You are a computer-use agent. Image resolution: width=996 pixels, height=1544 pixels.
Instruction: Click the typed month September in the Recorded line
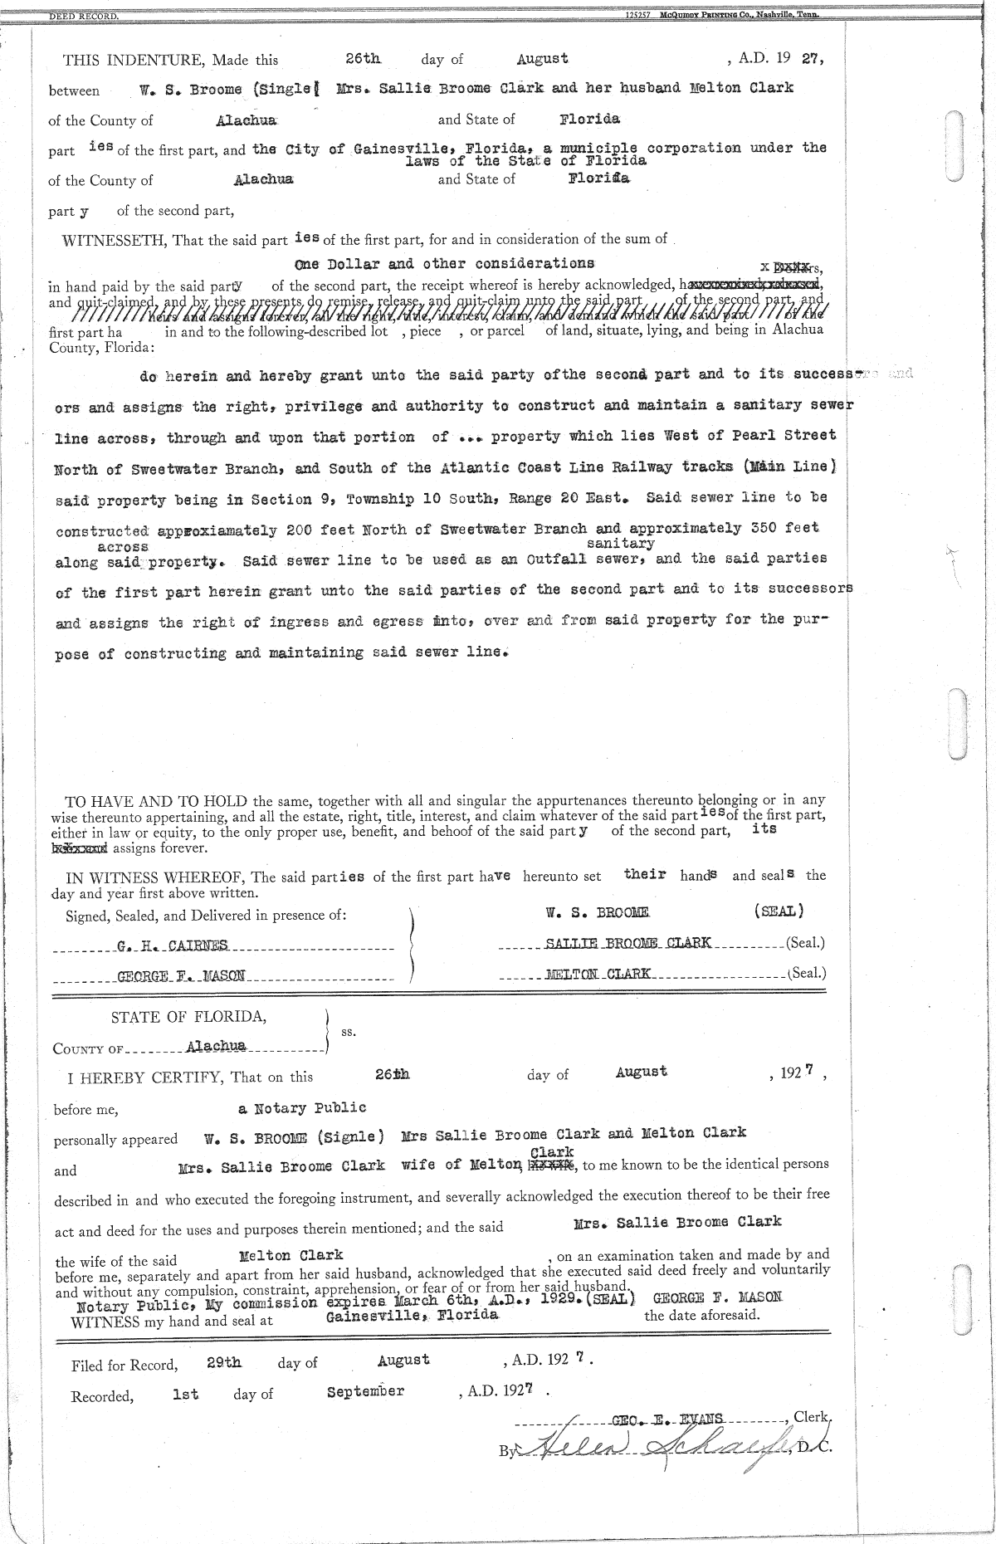click(365, 1391)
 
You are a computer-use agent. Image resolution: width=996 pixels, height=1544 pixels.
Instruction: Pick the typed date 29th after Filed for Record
click(223, 1362)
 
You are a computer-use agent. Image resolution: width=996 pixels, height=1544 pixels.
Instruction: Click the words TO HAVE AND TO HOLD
click(157, 801)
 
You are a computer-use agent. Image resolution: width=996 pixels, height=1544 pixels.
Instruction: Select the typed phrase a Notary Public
click(302, 1108)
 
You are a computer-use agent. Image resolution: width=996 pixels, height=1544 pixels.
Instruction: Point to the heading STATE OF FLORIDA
click(189, 1017)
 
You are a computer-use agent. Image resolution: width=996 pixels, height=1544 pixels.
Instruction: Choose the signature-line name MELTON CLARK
click(597, 973)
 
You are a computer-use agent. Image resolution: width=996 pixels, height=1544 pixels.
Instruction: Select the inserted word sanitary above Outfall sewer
click(620, 544)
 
